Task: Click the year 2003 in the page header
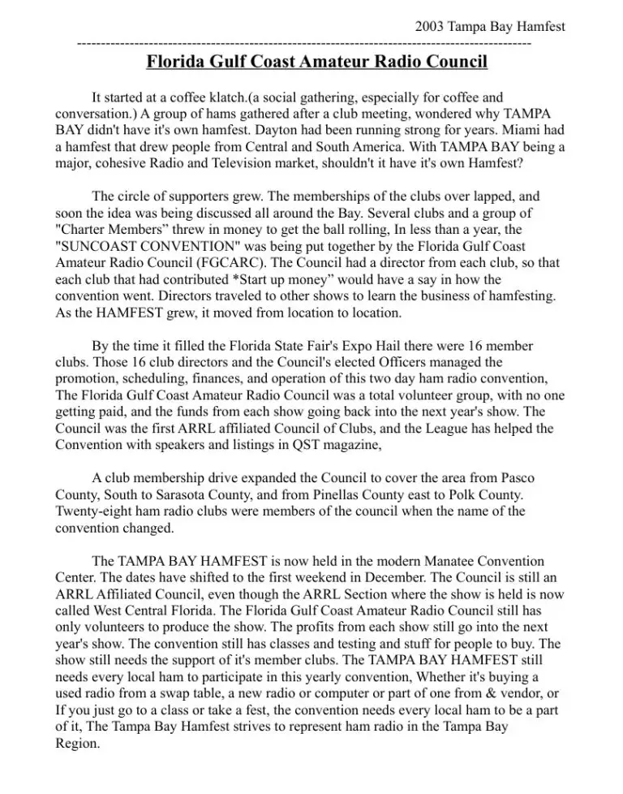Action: [429, 27]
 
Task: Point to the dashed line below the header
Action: [305, 42]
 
